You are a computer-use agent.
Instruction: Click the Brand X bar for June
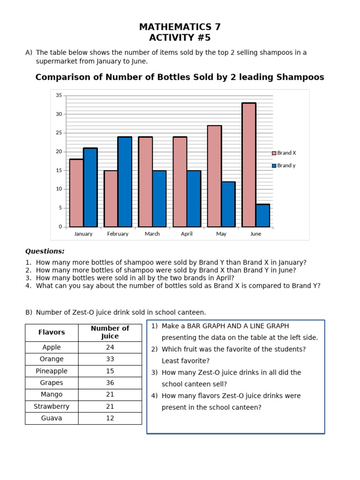(x=249, y=165)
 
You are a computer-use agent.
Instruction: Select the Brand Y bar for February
(x=125, y=182)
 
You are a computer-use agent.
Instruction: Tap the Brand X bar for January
(x=76, y=193)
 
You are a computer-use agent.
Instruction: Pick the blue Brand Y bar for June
(x=262, y=216)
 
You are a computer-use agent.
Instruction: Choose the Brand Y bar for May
(x=228, y=204)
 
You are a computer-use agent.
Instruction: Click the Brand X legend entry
(x=284, y=153)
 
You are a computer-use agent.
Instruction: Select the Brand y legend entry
(x=284, y=165)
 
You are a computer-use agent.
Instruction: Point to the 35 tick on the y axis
(x=59, y=95)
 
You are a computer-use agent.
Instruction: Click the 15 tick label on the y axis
(x=59, y=170)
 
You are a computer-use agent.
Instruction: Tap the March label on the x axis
(x=152, y=234)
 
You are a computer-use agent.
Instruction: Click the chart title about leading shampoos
(x=180, y=77)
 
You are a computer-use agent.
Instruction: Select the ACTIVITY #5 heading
(x=180, y=38)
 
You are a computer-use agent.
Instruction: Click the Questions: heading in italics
(x=45, y=251)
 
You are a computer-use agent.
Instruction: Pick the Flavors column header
(x=52, y=332)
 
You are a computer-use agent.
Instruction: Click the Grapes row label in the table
(x=52, y=383)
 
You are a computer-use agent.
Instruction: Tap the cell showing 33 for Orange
(x=110, y=359)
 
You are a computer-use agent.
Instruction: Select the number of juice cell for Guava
(x=110, y=418)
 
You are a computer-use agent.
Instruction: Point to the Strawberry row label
(x=52, y=406)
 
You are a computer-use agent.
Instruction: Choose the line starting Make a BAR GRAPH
(x=225, y=326)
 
